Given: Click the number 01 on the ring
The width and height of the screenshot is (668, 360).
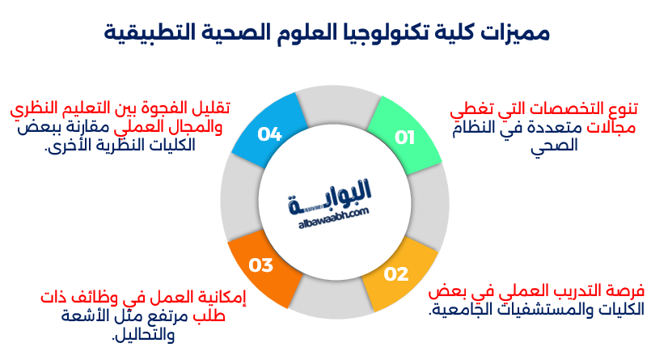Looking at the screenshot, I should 404,138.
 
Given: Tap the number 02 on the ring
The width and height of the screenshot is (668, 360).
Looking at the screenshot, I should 396,274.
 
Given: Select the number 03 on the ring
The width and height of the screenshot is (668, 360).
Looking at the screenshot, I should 260,265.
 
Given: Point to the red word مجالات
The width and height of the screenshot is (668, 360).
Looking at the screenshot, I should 615,127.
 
